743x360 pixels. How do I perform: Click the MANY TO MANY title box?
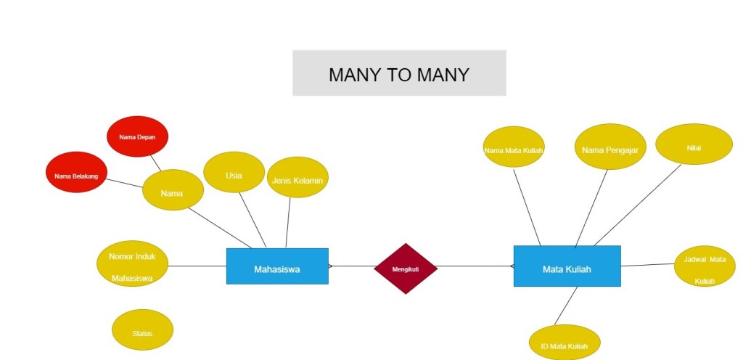coord(399,73)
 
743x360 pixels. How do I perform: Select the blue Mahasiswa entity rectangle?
coord(277,266)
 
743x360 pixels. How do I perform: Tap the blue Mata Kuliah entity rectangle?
coord(567,266)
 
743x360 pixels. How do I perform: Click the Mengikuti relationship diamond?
coord(406,269)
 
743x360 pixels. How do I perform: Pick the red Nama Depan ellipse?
coord(137,136)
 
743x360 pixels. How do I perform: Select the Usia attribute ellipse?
coord(234,172)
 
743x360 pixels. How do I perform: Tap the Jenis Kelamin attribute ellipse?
coord(297,177)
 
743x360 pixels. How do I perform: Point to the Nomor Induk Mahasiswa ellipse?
coord(132,263)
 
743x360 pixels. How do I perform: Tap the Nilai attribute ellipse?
coord(694,144)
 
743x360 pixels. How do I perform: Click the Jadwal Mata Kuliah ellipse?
coord(705,266)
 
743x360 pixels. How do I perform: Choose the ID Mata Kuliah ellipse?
coord(565,343)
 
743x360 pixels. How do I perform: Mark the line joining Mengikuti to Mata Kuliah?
coord(475,266)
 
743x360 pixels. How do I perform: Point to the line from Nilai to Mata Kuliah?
coord(639,204)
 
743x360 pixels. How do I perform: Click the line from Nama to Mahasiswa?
coord(218,226)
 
